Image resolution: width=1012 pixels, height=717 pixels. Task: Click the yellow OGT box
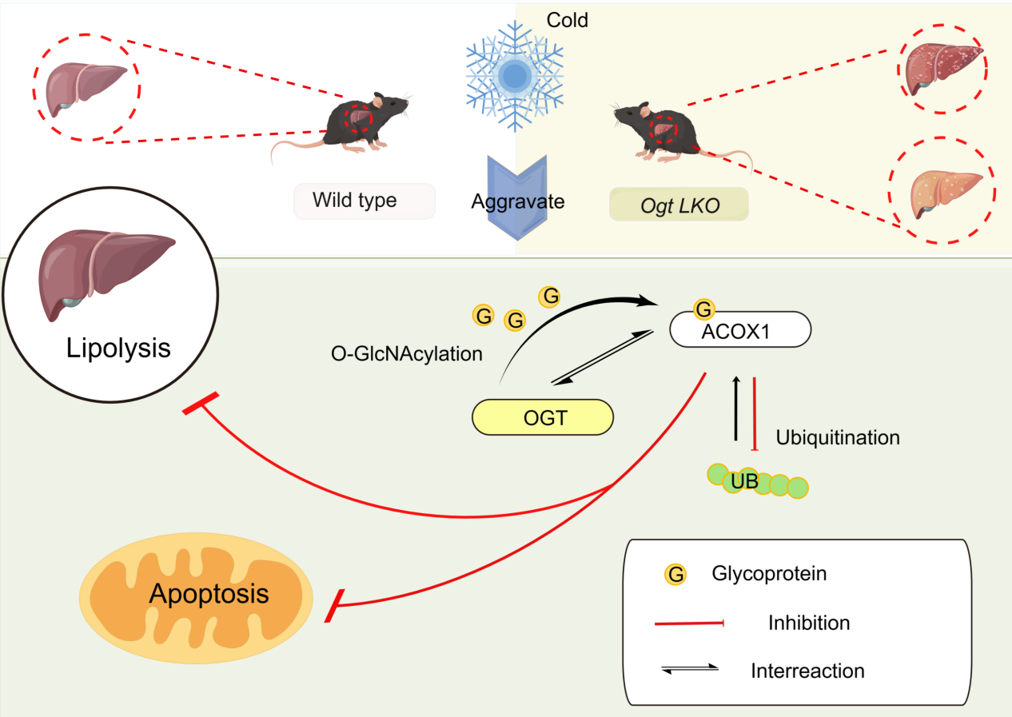pos(543,417)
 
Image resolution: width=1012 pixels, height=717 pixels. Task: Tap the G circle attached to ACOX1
pos(703,309)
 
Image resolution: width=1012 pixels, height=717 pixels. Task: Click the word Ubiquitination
pos(838,437)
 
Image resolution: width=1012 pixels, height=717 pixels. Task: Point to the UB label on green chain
pos(745,480)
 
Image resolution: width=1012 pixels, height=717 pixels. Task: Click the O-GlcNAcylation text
pos(406,353)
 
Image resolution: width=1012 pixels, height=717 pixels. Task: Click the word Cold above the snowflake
pos(568,20)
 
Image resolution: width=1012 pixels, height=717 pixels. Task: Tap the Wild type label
pos(355,200)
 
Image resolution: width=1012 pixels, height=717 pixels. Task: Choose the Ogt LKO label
pos(679,204)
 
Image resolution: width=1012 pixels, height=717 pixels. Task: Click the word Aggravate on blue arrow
pos(518,201)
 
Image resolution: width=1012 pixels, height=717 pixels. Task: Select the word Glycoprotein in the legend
pos(768,573)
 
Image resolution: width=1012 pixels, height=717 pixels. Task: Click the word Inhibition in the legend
pos(808,622)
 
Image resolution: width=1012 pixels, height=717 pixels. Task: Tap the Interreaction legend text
pos(807,670)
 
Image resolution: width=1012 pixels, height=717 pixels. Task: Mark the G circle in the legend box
pos(675,574)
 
